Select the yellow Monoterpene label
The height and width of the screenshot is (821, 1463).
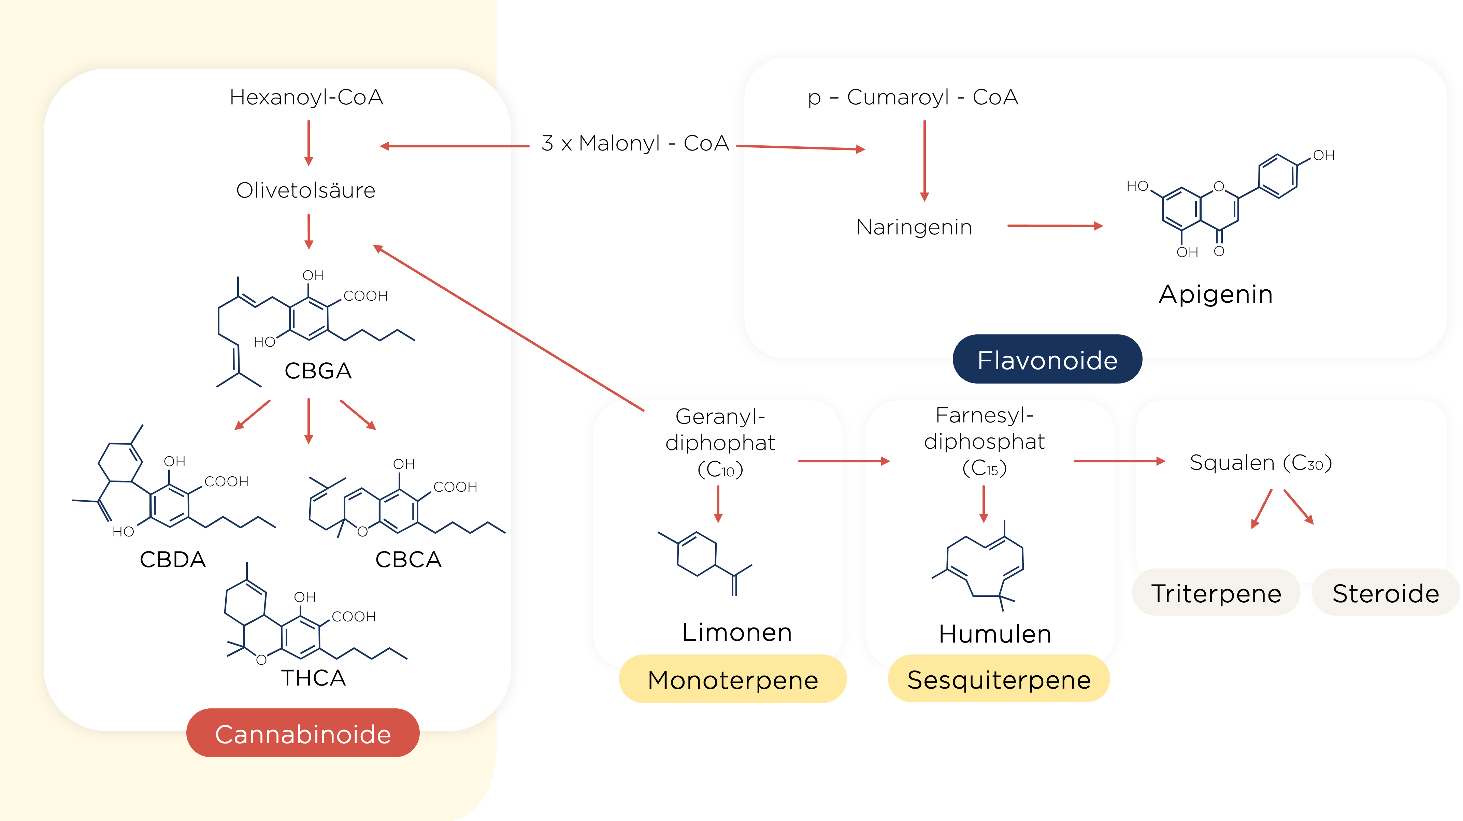(733, 680)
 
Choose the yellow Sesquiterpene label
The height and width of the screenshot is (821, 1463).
(999, 680)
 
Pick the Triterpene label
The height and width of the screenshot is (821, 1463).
(1216, 593)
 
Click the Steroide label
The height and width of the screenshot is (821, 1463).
(1386, 593)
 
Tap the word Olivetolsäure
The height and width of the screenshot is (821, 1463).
(305, 190)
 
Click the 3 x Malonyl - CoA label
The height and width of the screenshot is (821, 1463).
(634, 143)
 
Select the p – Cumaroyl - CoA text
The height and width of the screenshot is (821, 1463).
(913, 97)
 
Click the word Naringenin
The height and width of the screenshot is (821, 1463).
(914, 227)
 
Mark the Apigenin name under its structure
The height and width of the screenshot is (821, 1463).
(1215, 294)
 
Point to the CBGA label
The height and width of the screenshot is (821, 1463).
(318, 371)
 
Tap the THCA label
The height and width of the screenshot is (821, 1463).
(314, 677)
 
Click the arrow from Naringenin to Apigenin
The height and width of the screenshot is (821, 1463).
(1055, 226)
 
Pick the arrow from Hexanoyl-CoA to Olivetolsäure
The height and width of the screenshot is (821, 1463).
(309, 142)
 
